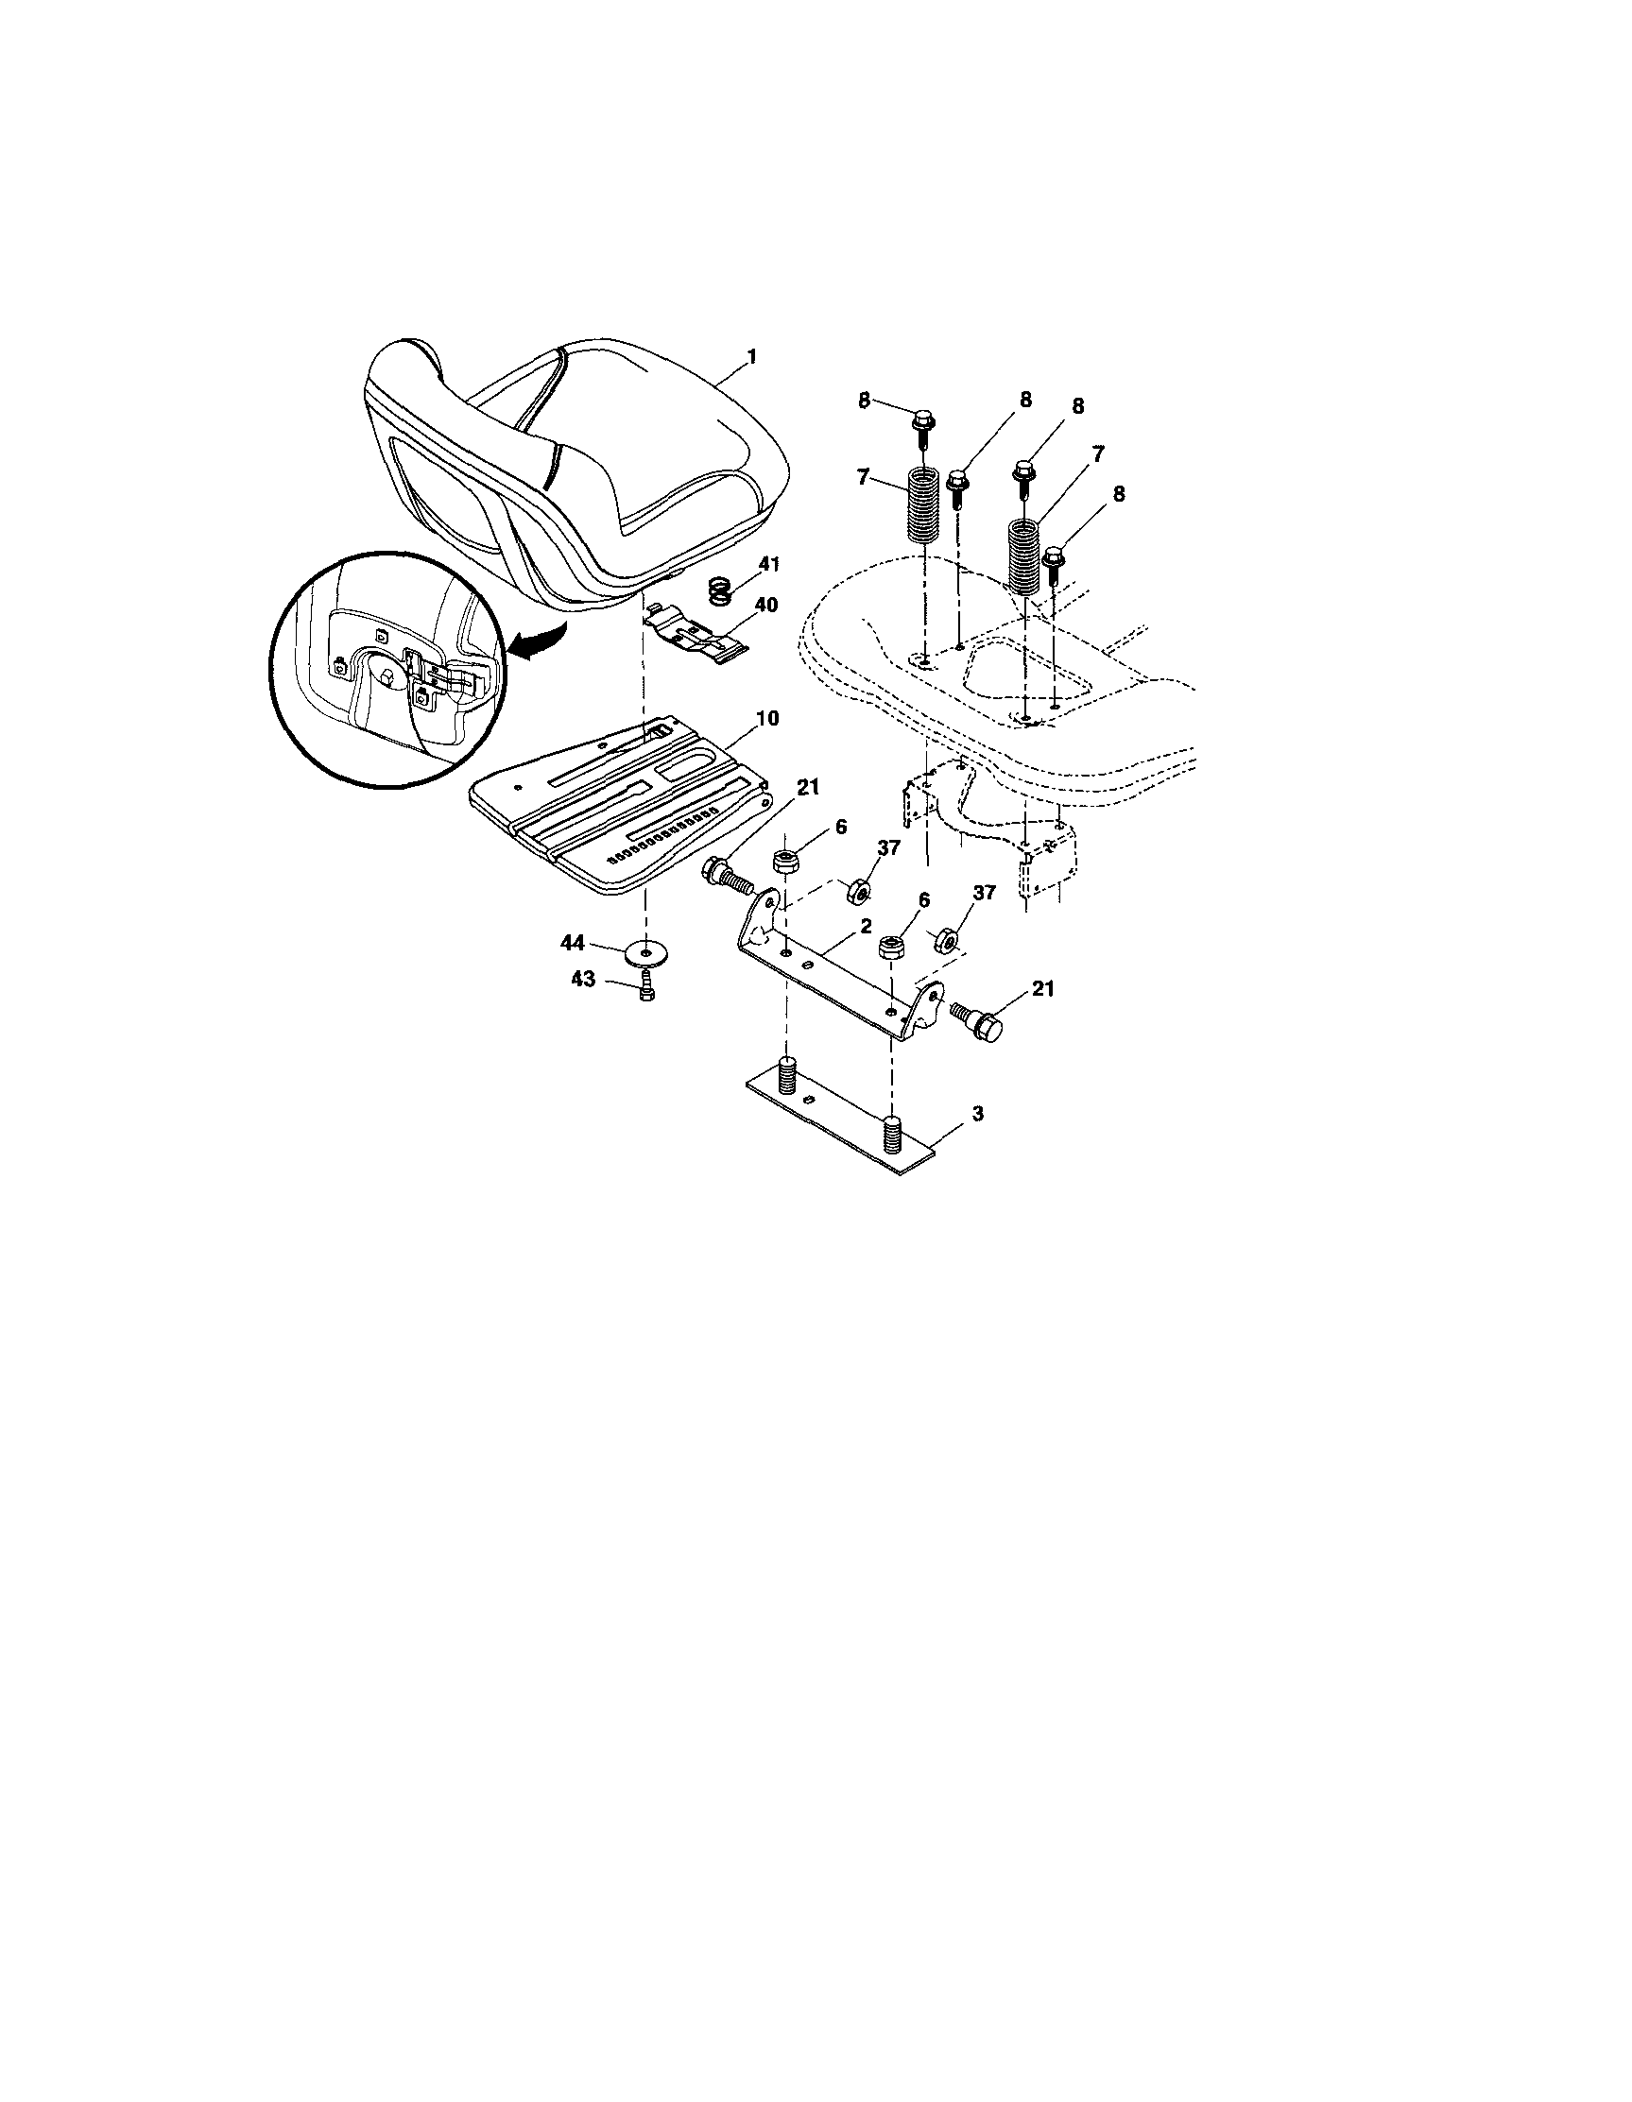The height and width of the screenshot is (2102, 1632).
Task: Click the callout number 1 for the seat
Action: [752, 357]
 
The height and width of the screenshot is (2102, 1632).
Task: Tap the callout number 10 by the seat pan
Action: [767, 718]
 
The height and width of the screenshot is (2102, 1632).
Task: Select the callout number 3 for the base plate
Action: [977, 1114]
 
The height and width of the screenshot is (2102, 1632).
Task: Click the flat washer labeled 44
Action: [644, 954]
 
